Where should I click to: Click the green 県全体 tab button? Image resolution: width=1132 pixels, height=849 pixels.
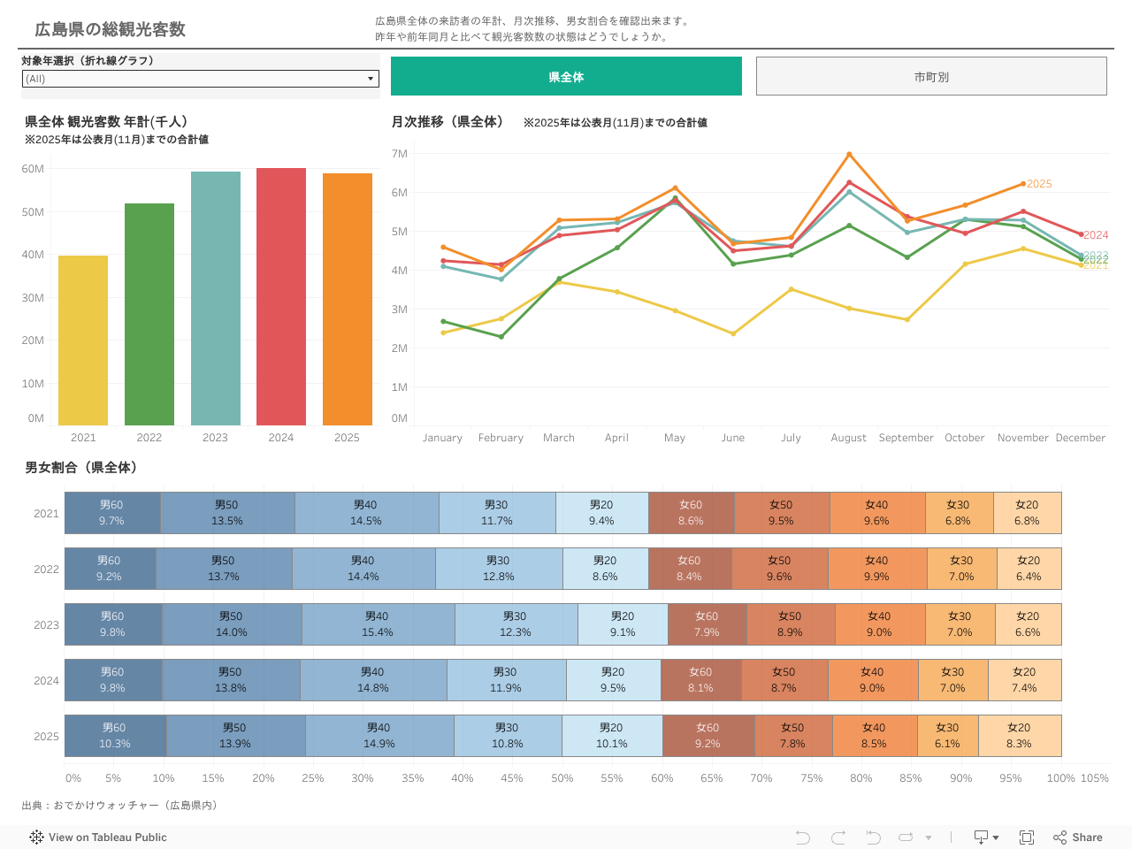[x=566, y=77]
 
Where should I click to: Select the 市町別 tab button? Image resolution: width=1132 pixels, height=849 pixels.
[x=931, y=77]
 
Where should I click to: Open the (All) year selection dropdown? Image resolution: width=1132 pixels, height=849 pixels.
[x=201, y=79]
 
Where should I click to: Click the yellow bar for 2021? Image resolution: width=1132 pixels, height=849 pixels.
[x=83, y=340]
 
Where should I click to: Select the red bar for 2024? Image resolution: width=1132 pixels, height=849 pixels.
[x=281, y=296]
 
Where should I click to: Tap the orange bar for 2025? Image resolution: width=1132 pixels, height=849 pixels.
[x=347, y=299]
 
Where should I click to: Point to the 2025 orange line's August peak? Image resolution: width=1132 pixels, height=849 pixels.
[x=849, y=155]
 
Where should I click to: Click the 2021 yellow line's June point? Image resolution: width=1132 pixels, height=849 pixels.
[x=733, y=333]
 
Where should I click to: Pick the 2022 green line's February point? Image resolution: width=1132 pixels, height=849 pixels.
[x=501, y=337]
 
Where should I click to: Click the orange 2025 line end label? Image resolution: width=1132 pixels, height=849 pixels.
[x=1039, y=184]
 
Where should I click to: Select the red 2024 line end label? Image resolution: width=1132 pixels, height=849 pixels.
[x=1095, y=235]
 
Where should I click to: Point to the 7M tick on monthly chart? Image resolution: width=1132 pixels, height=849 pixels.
[x=400, y=154]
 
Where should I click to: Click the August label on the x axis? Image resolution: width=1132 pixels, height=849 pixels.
[x=848, y=438]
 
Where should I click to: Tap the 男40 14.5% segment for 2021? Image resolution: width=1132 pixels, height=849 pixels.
[x=366, y=513]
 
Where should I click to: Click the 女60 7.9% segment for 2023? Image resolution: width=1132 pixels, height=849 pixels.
[x=707, y=624]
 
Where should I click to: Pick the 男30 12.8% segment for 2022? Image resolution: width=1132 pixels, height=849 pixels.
[x=498, y=569]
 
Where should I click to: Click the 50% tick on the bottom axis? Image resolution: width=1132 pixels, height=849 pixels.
[x=562, y=778]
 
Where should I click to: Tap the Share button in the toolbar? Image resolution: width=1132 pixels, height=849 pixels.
[x=1078, y=838]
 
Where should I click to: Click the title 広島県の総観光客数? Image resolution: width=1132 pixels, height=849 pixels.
[x=111, y=29]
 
